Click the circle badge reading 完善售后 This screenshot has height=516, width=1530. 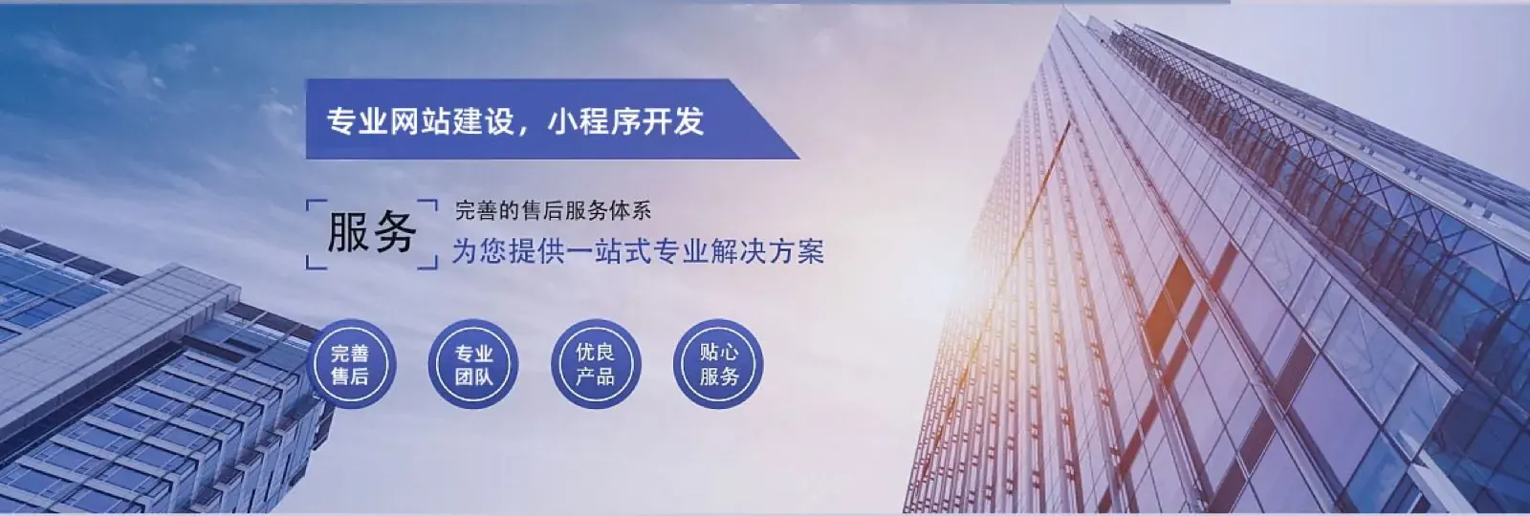350,364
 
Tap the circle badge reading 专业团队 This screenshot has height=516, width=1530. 473,364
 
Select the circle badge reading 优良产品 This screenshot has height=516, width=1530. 596,364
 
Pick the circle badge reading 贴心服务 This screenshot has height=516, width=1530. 718,364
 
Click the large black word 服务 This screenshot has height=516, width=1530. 372,233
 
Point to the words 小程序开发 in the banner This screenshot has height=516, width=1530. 625,120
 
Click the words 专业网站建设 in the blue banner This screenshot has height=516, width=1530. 420,120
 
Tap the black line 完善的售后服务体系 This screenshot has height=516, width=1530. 554,210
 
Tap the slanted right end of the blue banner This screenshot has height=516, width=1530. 764,119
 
